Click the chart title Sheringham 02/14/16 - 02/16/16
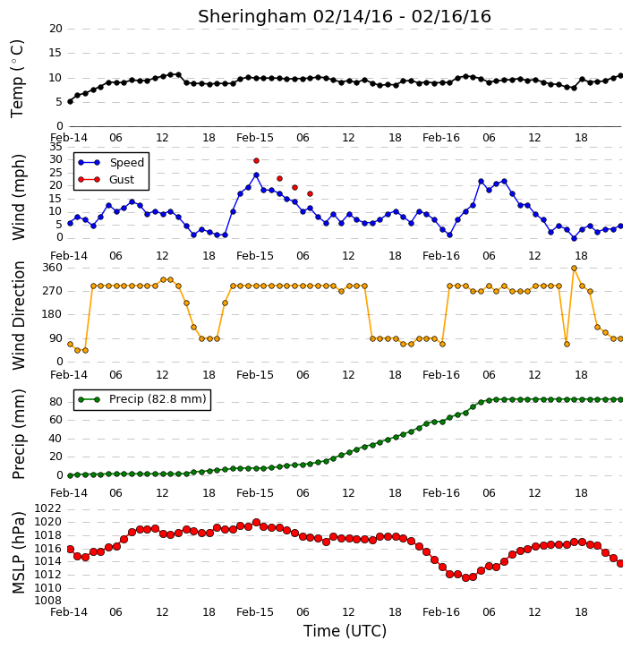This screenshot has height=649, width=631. tap(345, 16)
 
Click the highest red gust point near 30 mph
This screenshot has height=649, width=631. tap(256, 160)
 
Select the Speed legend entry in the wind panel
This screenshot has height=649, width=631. tap(111, 163)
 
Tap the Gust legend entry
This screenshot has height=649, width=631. tap(106, 180)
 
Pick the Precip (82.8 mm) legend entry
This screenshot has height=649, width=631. tap(142, 399)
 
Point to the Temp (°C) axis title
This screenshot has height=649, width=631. tap(17, 79)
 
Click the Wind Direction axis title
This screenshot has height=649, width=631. tap(18, 315)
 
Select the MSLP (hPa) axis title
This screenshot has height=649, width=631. tap(18, 552)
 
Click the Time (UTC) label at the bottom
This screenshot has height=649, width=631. tap(345, 631)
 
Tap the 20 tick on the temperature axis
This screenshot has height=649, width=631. tap(55, 29)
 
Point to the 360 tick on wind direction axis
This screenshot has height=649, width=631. tap(52, 268)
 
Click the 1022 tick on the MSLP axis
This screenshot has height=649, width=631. tap(47, 508)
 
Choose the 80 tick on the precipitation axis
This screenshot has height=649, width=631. tap(55, 402)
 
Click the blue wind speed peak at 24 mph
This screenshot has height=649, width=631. tap(256, 175)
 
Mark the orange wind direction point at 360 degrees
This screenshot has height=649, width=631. tap(574, 269)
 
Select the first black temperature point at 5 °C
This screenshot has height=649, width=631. tap(70, 101)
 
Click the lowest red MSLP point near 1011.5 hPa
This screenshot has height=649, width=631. tap(465, 577)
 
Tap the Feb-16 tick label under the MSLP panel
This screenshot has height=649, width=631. tap(441, 611)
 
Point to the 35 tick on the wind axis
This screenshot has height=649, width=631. tap(55, 147)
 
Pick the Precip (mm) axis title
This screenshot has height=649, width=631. tap(18, 434)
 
